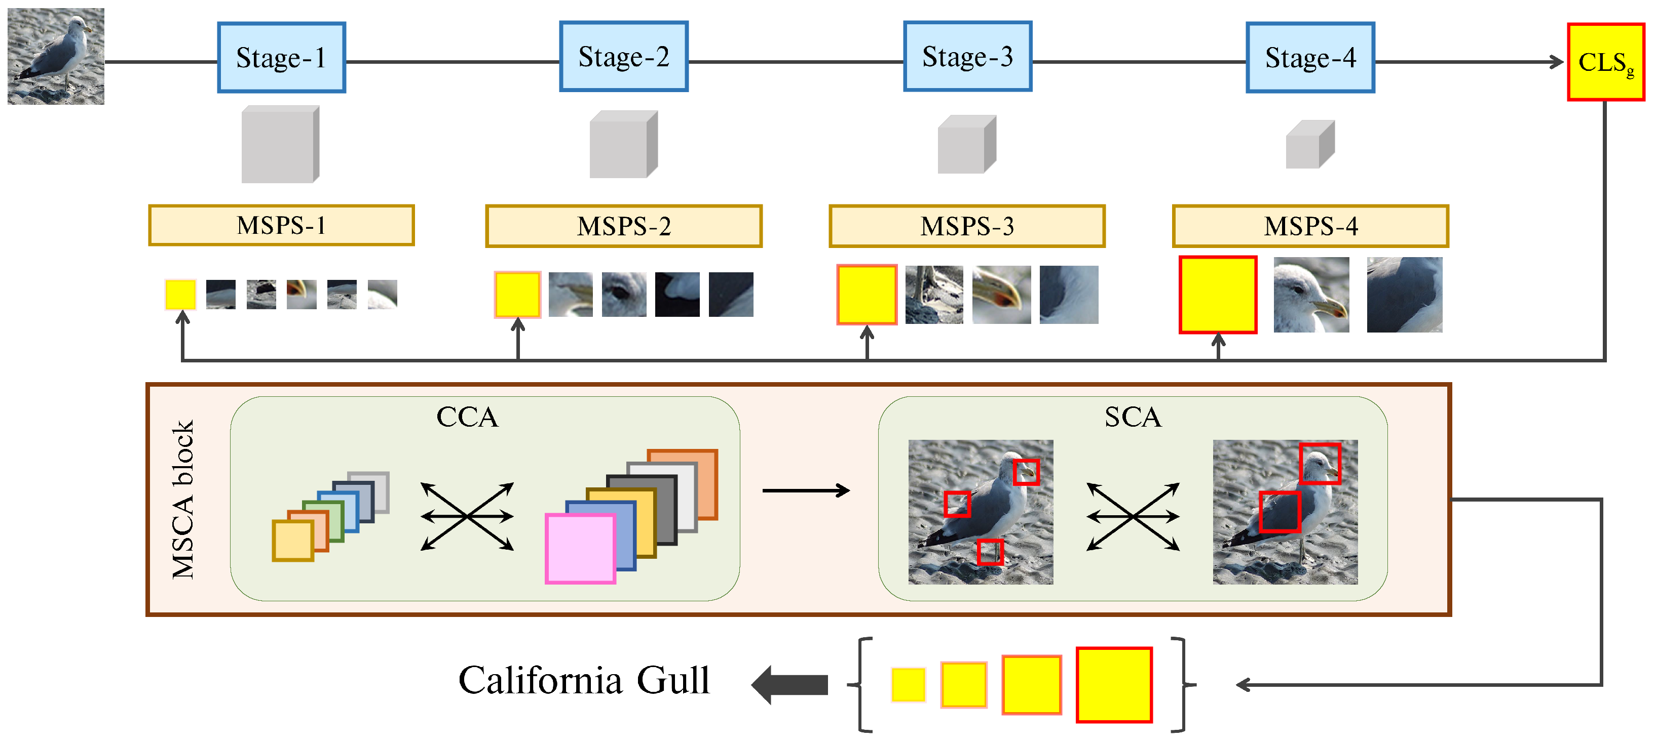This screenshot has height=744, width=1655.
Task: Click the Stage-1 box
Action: (281, 58)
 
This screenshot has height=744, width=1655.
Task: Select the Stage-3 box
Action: (967, 57)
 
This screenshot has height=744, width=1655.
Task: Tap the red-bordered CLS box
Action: (1605, 62)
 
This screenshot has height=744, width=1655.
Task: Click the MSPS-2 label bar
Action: (623, 226)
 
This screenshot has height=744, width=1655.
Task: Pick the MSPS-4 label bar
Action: (1310, 226)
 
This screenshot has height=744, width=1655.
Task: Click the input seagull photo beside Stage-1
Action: (56, 57)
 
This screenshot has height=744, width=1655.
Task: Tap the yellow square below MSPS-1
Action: (180, 295)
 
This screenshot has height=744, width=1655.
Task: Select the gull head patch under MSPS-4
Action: (1310, 295)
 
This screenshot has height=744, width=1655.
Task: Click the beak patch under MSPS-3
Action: (1001, 295)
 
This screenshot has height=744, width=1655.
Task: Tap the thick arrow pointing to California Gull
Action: (789, 685)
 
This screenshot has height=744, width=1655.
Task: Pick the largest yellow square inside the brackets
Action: (1113, 685)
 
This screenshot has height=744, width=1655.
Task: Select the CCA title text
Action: (467, 417)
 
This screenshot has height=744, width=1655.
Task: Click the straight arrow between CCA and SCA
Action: (806, 491)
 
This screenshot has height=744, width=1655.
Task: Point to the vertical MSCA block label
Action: (183, 500)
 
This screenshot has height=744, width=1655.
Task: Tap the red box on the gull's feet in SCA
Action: (989, 552)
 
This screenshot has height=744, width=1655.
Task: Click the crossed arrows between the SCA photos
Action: (1133, 516)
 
